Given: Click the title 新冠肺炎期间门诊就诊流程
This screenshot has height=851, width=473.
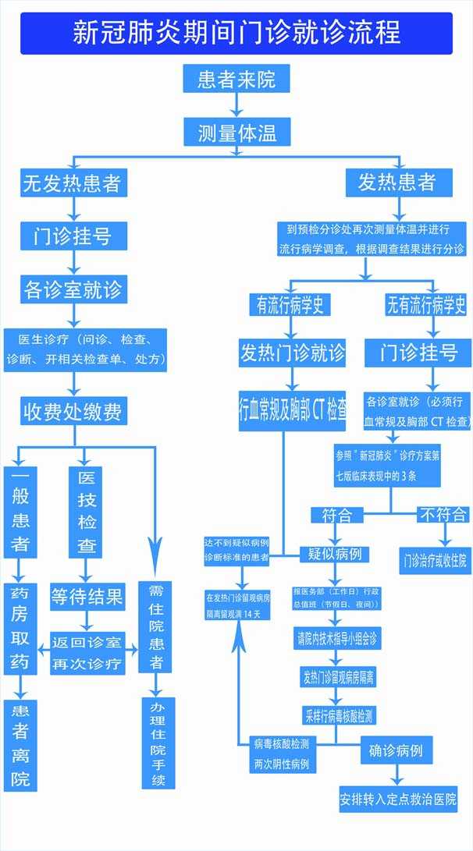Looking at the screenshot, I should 236,33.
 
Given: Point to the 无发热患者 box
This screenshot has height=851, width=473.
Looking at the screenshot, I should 72,183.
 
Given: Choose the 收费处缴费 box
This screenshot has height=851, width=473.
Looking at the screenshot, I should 74,411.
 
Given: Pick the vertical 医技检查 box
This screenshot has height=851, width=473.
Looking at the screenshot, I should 87,512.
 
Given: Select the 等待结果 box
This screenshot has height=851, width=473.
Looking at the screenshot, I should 87,597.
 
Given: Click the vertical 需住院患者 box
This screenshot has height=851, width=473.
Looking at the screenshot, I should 156,626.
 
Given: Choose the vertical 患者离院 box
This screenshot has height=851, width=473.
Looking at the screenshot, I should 20,745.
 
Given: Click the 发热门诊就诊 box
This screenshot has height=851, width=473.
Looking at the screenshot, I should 292,353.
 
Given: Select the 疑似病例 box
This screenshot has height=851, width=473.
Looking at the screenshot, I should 335,554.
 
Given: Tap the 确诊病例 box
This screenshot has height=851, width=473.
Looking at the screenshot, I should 396,750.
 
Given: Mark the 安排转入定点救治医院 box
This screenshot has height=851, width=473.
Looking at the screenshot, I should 398,800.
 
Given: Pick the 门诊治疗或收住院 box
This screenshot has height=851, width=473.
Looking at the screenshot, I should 434,559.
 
